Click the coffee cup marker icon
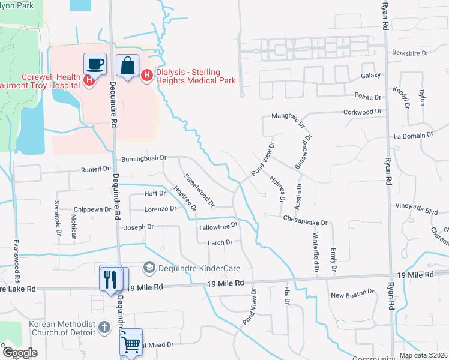click(x=95, y=64)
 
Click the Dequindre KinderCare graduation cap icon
click(x=149, y=267)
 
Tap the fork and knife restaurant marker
click(x=110, y=279)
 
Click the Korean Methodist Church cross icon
click(x=104, y=327)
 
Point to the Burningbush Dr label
click(x=143, y=158)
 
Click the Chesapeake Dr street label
click(x=306, y=223)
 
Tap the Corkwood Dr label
click(x=362, y=112)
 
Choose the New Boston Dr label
click(x=352, y=295)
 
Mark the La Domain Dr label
click(x=413, y=137)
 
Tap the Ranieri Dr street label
click(x=95, y=170)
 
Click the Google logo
click(x=20, y=353)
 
